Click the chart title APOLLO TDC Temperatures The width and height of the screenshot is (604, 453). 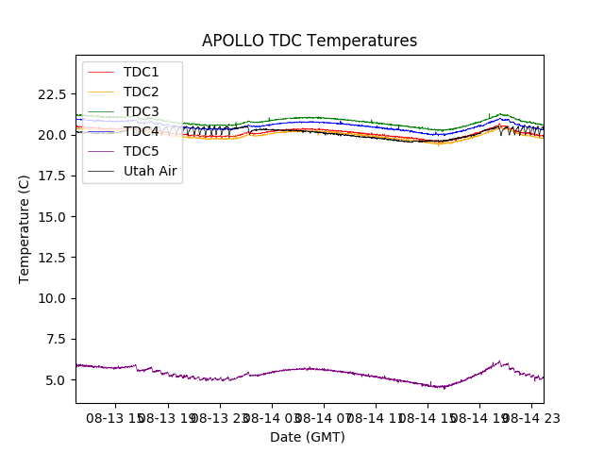[310, 41]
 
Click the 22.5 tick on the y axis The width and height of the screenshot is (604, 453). [51, 94]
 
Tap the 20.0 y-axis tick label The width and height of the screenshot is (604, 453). [51, 135]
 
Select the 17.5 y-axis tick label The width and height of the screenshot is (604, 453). [51, 176]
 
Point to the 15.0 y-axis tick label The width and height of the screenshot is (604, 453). [51, 217]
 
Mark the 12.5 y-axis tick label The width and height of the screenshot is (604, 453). [51, 258]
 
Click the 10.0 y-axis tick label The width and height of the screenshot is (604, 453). [51, 298]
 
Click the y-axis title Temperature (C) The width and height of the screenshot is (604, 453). [25, 228]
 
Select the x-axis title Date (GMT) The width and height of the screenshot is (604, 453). [308, 437]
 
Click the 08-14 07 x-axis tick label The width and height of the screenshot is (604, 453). [323, 417]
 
